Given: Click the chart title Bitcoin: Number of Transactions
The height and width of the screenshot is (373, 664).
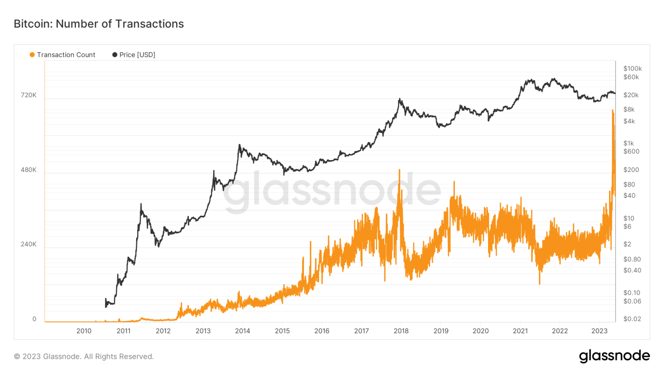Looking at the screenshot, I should point(99,24).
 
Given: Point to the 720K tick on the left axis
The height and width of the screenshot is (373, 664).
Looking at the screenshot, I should point(29,95).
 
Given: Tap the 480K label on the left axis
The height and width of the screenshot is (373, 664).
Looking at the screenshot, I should point(29,170).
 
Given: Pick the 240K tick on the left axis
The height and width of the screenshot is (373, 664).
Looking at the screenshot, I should point(29,244).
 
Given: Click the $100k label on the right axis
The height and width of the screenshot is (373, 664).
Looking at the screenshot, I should point(632,69).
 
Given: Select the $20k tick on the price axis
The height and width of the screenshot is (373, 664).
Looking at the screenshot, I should point(631,95).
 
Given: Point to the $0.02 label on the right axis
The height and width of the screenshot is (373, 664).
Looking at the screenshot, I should point(632,319).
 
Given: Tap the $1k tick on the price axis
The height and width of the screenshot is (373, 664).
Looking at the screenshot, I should point(628,143).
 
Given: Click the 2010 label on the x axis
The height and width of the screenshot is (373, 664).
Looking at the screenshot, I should point(84,331).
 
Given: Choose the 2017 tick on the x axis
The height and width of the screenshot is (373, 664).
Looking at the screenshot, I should point(361,331).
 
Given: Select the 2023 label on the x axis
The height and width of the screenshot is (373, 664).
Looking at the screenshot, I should point(599,331).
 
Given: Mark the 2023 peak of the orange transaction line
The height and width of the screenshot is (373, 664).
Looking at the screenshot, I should point(613,111).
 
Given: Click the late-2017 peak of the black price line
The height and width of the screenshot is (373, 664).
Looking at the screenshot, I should point(400,99).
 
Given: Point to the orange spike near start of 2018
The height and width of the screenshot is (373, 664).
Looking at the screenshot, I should point(399,170).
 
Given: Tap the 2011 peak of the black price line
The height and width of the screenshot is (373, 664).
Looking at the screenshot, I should point(141,204).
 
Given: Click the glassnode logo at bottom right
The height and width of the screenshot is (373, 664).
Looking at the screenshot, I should point(614,356).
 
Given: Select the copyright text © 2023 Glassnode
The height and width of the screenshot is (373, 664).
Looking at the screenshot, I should point(84,357).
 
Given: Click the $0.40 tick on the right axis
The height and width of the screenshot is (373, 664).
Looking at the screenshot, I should point(632,270).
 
